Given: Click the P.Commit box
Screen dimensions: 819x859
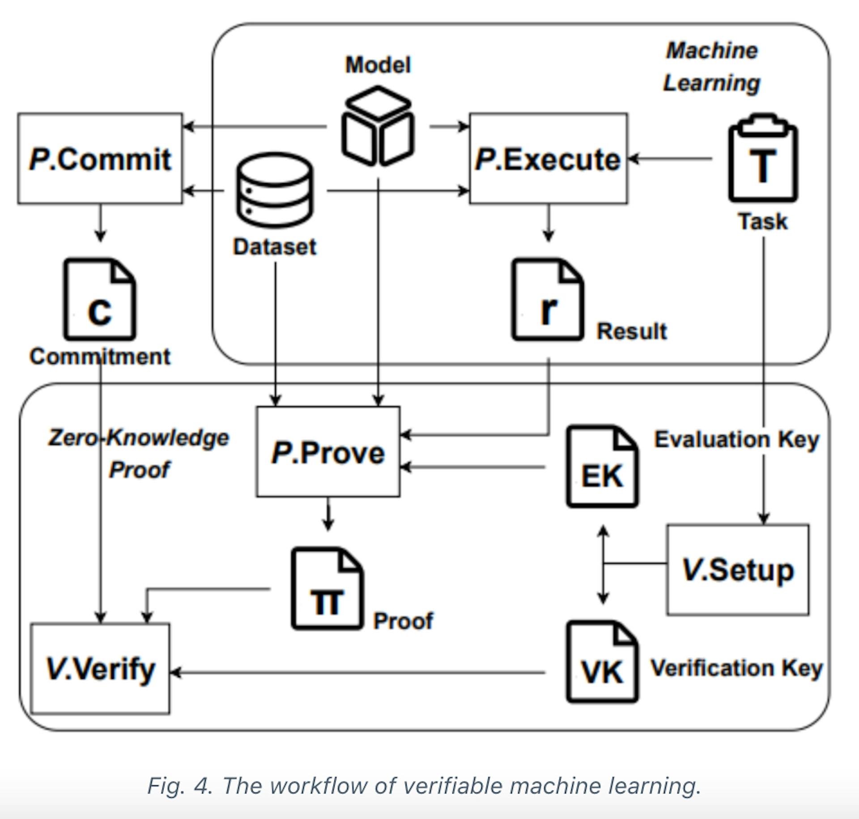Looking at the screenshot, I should pos(100,159).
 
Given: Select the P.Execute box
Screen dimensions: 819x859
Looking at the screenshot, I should pos(548,159).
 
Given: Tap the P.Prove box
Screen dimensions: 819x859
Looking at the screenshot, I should pos(328,452).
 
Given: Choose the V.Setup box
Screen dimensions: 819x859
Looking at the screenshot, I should pos(737,569).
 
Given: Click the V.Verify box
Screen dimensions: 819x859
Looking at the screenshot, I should pos(100,668).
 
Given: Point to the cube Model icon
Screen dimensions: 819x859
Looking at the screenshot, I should pos(378,126).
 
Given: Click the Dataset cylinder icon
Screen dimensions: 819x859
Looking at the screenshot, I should pos(275,190).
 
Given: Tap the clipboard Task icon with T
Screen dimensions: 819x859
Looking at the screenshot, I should pos(763,159).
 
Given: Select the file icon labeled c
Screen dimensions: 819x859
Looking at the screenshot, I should pos(99,299).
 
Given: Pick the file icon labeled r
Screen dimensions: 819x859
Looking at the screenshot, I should pos(548,299).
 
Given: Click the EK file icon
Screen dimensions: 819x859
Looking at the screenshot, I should pos(602,467).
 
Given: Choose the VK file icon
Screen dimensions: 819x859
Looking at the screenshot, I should pos(602,662).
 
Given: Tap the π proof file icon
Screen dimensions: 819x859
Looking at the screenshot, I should pos(327,589).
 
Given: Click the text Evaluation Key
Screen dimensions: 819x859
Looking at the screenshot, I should pos(736,439).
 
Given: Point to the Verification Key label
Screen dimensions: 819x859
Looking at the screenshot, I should pos(736,668).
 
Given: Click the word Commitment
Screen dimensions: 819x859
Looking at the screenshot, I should pos(100,356).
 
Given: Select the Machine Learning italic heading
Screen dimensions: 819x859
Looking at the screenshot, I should pos(711,67).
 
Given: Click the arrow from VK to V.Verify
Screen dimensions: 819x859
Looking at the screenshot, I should pos(358,672).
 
